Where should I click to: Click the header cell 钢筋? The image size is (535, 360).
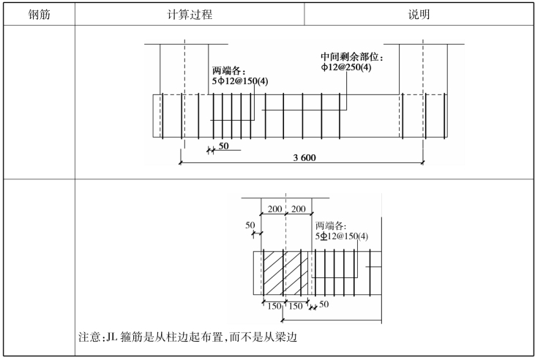(40, 15)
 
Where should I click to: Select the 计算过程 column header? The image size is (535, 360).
(190, 15)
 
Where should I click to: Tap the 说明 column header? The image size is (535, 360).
(419, 15)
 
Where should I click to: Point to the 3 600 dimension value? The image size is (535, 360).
(304, 157)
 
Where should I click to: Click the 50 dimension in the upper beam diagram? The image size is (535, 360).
(223, 146)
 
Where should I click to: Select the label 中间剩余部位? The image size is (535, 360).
(350, 57)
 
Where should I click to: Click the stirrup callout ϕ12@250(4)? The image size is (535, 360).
(346, 67)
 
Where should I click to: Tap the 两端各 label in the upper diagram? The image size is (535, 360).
(227, 71)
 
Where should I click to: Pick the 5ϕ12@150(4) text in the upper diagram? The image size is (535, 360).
(240, 81)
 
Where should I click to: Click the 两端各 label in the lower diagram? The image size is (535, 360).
(329, 226)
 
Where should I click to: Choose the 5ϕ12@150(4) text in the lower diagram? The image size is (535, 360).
(342, 236)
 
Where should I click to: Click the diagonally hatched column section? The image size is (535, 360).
(285, 273)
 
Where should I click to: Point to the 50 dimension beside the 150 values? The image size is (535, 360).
(324, 304)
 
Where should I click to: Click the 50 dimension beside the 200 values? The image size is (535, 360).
(250, 225)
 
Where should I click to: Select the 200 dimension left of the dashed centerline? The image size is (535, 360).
(274, 209)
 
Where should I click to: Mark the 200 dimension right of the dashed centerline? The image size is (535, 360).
(299, 209)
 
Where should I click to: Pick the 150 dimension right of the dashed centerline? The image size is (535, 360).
(296, 306)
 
